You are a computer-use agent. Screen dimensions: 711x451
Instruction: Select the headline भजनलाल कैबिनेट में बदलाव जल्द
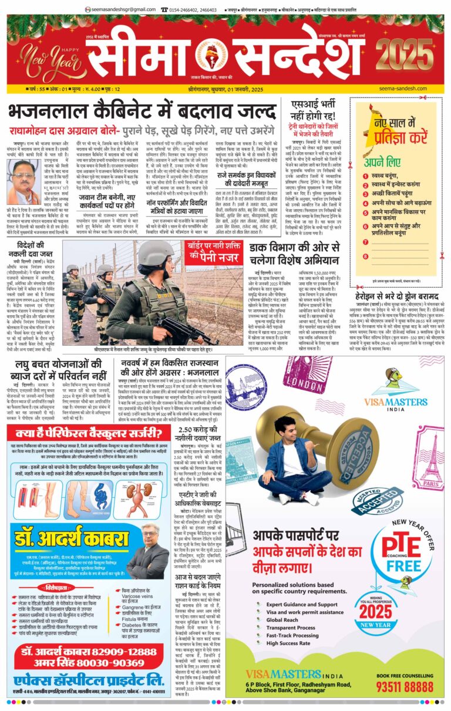143,111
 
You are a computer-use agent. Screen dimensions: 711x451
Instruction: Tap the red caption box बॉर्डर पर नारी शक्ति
214,250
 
